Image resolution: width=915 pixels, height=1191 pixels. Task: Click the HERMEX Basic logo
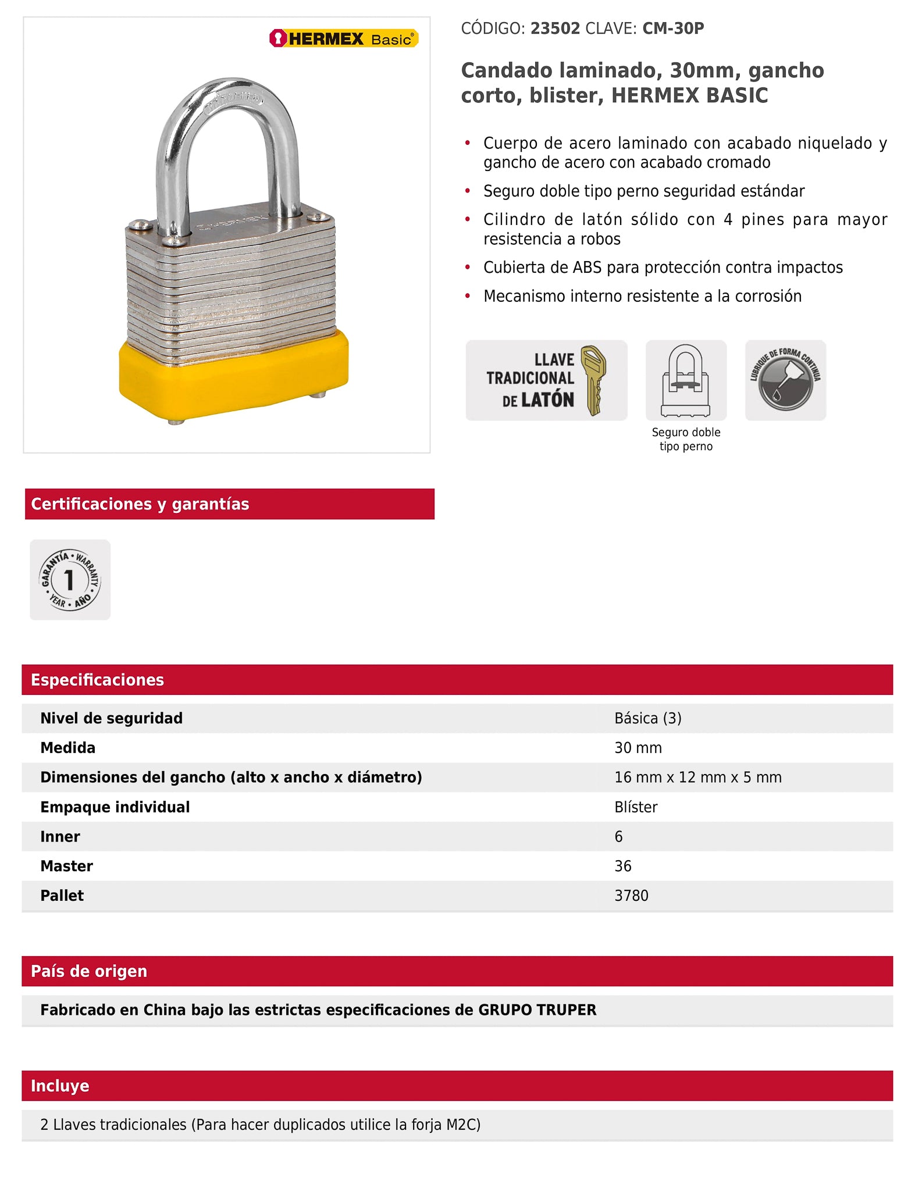(x=344, y=38)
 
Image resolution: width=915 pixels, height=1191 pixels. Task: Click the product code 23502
(x=555, y=28)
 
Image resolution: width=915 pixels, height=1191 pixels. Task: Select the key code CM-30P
(x=673, y=28)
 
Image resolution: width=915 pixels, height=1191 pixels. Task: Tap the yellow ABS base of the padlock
(x=233, y=378)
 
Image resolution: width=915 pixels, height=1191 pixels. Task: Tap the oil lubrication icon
(x=785, y=380)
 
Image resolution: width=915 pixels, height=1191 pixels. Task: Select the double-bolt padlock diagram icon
(x=686, y=380)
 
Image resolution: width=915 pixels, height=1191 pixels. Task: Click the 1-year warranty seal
(x=70, y=580)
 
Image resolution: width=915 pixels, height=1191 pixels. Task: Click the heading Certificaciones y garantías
(x=140, y=504)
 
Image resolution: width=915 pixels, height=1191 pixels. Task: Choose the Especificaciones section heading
(x=97, y=680)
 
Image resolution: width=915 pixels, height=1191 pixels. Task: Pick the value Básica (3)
(x=647, y=718)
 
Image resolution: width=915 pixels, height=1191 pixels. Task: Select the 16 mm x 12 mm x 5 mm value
(x=697, y=778)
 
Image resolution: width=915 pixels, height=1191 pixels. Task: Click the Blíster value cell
(x=636, y=807)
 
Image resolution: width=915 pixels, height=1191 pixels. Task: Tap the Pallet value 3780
(x=631, y=896)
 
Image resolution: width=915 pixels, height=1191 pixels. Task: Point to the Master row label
(x=66, y=866)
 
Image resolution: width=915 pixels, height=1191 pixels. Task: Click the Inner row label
(x=60, y=836)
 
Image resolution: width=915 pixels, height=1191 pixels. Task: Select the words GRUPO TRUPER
(x=537, y=1010)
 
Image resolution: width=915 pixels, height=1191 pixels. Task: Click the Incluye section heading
(x=60, y=1086)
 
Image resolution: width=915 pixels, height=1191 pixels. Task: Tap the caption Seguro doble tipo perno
(x=686, y=439)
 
